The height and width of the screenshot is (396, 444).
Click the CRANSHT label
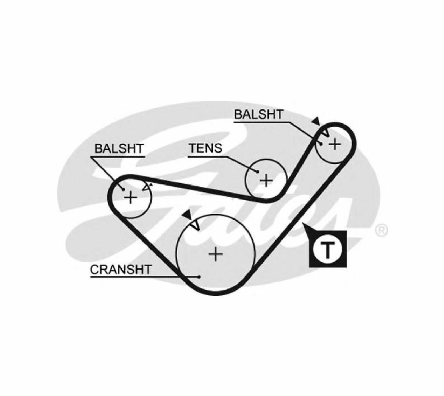[x=120, y=269]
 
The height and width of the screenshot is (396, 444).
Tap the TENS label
[x=206, y=148]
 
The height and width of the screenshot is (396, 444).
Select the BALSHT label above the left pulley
[x=119, y=148]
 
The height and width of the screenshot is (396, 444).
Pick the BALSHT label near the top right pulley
[x=259, y=114]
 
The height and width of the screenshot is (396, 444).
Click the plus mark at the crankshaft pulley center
[x=216, y=254]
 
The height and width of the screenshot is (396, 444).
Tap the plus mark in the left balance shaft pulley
[x=130, y=197]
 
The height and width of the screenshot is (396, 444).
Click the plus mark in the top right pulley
[x=335, y=144]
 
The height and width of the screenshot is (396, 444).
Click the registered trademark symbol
[x=381, y=230]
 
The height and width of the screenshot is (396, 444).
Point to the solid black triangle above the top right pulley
[x=316, y=121]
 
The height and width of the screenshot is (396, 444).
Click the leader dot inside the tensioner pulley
[x=258, y=172]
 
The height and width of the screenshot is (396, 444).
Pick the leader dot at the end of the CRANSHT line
[x=199, y=277]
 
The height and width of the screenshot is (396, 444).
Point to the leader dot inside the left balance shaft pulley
[x=124, y=189]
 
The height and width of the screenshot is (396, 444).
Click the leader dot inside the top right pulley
[x=321, y=143]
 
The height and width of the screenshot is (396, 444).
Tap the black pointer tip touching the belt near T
[x=303, y=223]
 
